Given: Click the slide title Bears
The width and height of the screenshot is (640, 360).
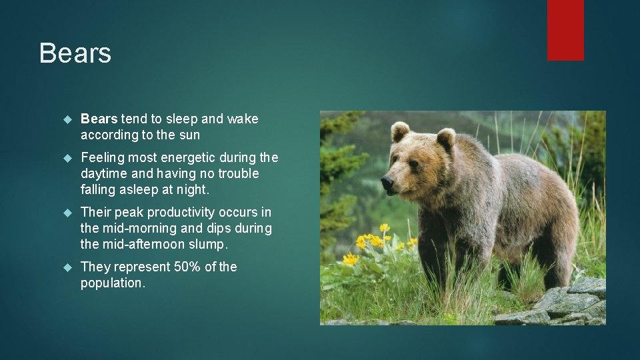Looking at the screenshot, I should click(x=75, y=53).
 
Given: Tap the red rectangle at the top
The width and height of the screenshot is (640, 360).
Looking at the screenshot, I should click(x=565, y=29).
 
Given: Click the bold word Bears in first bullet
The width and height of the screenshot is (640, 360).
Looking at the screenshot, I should click(x=99, y=119).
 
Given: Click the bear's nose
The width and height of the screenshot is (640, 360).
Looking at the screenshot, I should click(x=387, y=181).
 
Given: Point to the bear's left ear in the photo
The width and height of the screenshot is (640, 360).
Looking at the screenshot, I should click(x=400, y=131).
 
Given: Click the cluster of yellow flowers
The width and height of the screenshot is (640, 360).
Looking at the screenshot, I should click(x=373, y=241).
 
